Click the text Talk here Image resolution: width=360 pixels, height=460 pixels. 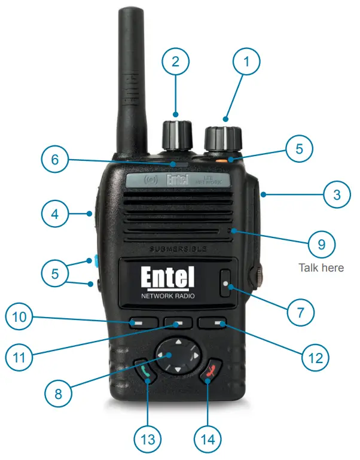pos(321,267)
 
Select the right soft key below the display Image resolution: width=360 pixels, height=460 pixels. pos(217,323)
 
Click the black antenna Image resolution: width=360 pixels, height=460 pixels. pos(130,78)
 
